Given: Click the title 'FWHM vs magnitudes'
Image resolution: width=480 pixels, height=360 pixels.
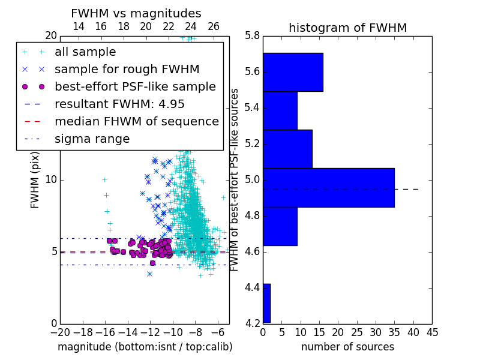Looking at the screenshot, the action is point(136,13).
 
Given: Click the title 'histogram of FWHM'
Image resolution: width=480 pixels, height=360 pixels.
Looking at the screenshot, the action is point(348,28).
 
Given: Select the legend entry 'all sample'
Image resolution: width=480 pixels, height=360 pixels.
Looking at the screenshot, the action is point(85,52).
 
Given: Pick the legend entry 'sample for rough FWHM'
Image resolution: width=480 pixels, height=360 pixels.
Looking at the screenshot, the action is point(127,70).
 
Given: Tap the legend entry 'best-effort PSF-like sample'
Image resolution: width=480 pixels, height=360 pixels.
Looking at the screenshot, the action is point(136,86).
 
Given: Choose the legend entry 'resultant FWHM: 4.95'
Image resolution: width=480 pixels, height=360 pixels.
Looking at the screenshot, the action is point(119,104).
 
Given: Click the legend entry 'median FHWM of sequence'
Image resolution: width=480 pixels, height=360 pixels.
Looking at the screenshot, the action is point(137,122).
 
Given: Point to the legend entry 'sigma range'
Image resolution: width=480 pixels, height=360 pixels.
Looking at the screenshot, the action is point(92,139).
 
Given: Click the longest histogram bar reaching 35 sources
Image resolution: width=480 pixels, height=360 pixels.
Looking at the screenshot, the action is point(329,188).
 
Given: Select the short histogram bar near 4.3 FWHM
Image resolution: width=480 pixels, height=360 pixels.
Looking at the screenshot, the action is point(266,303).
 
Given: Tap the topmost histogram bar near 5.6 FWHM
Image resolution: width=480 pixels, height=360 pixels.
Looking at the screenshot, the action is point(293,72).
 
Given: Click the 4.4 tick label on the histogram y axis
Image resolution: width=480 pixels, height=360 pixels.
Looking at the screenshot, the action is point(252,288).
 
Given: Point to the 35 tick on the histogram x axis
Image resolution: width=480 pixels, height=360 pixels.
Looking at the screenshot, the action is point(394,332).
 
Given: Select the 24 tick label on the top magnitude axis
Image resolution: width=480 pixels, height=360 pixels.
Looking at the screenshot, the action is point(190,26).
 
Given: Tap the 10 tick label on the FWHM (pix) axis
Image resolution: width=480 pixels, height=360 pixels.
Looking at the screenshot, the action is point(51,179).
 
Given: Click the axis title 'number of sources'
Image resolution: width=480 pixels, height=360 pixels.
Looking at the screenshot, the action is point(348,347).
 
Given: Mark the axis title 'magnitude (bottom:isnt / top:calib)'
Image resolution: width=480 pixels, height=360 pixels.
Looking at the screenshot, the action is point(145,347).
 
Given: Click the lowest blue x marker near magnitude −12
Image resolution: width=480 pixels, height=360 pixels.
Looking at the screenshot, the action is point(149,274).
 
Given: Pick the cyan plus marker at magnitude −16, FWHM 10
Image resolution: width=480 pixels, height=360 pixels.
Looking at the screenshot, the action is point(104,179).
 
